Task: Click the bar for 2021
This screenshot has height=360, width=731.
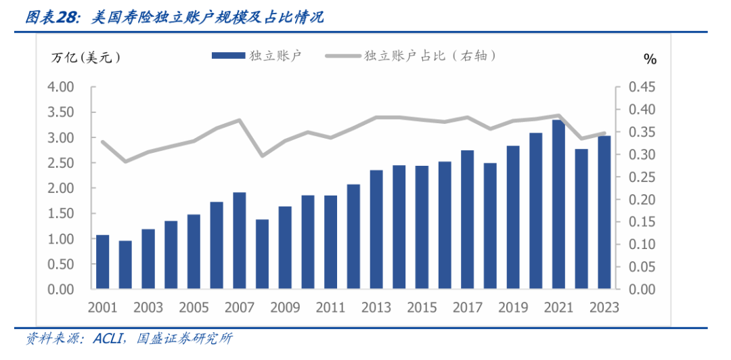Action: point(558,204)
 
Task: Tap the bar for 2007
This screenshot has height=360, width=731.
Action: point(239,241)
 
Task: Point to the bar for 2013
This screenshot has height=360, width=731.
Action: point(376,229)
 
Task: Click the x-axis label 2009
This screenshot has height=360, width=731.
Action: point(285,307)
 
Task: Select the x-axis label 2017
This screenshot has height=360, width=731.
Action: point(468,307)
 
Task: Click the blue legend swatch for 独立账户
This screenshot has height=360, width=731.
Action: point(227,56)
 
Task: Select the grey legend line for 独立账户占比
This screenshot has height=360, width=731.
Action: point(342,56)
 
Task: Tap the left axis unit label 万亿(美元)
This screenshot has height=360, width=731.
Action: point(86,58)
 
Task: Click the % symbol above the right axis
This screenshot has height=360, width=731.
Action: point(650,60)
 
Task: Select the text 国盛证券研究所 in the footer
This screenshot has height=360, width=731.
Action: point(183,338)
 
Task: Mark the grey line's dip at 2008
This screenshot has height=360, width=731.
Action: point(262,156)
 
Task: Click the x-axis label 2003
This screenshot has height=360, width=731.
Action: point(148,307)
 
